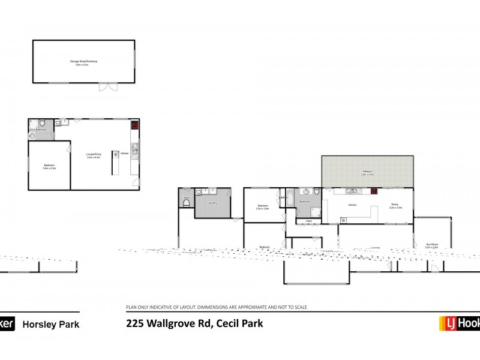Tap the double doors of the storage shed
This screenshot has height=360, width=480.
tap(108, 88)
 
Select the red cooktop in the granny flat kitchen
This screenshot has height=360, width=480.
tap(135, 126)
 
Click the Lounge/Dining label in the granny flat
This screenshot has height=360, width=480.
tap(93, 154)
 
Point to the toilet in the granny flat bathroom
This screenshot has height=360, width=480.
tap(32, 136)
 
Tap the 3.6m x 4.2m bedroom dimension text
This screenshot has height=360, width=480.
tap(49, 169)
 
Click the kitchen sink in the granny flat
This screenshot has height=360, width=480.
tap(136, 150)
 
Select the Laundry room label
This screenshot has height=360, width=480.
tap(212, 203)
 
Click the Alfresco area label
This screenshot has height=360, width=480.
tap(367, 172)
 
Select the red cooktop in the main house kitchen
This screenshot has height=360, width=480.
tap(374, 191)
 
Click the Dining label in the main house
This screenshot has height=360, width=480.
tap(395, 204)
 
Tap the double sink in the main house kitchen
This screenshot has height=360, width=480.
tap(351, 191)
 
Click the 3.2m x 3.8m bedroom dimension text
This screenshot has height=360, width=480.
tap(262, 209)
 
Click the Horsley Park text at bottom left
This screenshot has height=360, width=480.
tap(50, 325)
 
